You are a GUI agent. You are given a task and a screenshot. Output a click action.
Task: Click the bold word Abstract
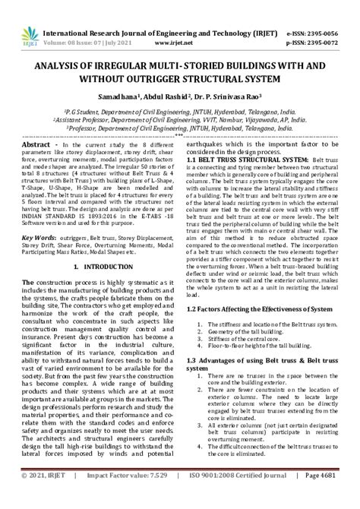tap(36, 144)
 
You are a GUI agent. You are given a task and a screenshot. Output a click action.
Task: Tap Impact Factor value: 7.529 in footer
tap(116, 496)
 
